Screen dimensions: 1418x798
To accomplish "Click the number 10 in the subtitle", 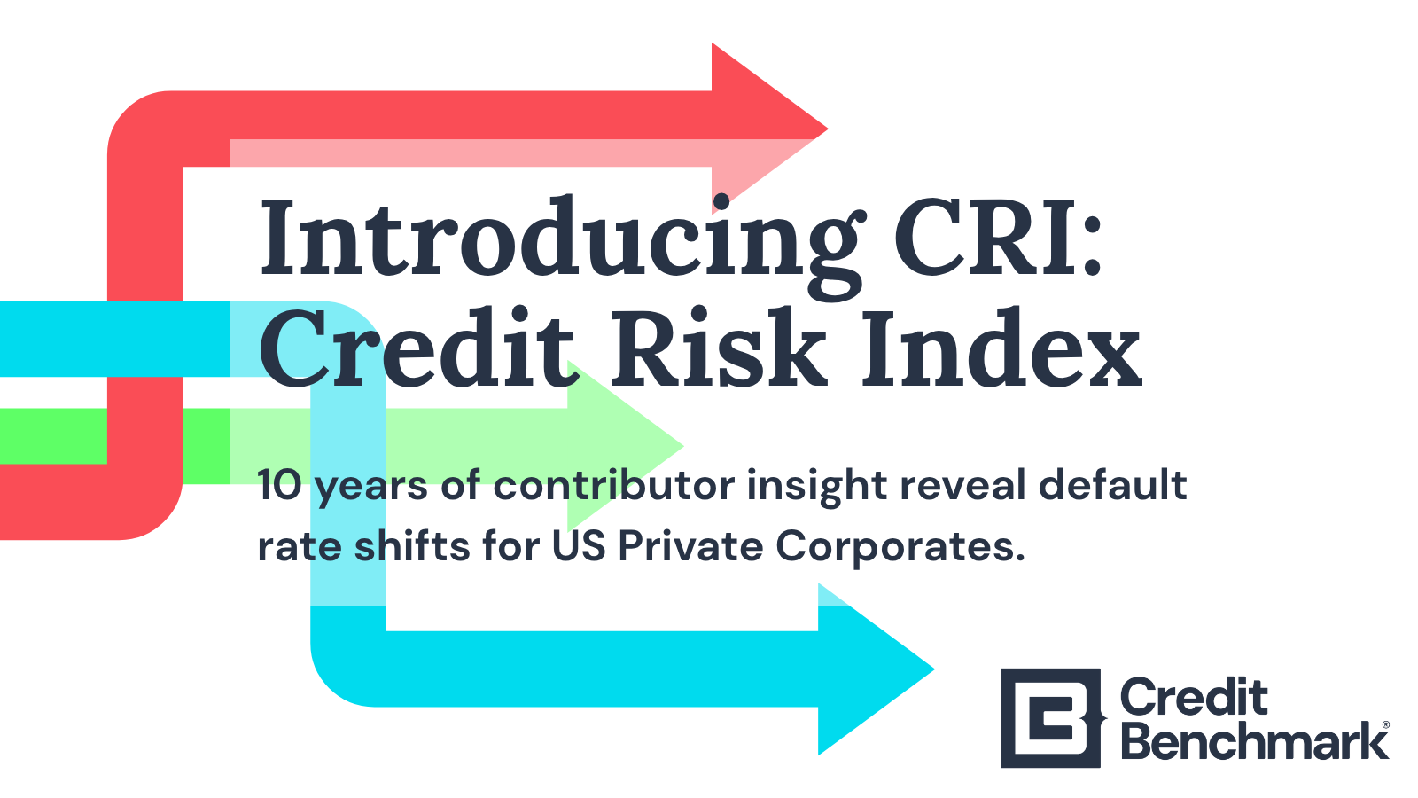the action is (279, 486).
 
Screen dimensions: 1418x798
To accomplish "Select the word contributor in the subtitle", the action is (614, 485).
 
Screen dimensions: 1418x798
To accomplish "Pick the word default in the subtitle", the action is (1112, 485).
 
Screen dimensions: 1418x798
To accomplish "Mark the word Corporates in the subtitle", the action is (900, 547).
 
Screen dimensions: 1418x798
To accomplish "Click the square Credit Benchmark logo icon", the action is (1052, 718).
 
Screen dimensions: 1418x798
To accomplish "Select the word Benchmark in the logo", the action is (1254, 741).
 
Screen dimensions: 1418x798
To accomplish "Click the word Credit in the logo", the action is (1194, 697).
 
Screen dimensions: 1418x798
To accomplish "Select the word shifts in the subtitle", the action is (412, 546).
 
